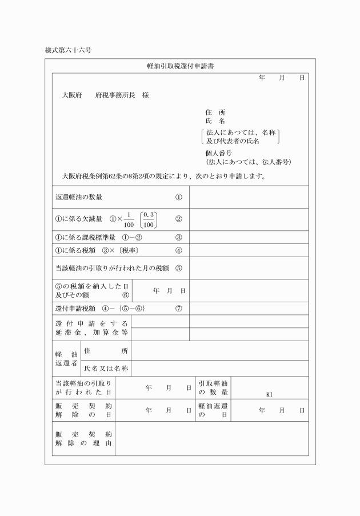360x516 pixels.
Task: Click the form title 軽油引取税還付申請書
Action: (x=180, y=67)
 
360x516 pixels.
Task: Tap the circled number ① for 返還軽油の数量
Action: (x=179, y=198)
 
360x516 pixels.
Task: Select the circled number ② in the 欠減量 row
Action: (x=179, y=219)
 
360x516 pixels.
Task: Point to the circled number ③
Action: (x=179, y=237)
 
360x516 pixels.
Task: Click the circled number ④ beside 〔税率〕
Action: (x=179, y=250)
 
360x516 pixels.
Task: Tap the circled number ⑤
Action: (x=179, y=269)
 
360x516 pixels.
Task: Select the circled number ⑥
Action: (x=126, y=295)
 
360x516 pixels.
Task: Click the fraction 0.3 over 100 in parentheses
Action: (x=150, y=219)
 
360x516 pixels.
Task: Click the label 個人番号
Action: (x=218, y=153)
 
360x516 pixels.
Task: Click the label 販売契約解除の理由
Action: (x=83, y=438)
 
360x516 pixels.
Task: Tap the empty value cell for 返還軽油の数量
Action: (x=249, y=198)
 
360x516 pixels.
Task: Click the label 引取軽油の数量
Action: (x=213, y=388)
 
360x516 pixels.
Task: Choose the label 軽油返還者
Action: (x=66, y=359)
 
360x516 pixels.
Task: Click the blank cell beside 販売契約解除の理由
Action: (x=211, y=438)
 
